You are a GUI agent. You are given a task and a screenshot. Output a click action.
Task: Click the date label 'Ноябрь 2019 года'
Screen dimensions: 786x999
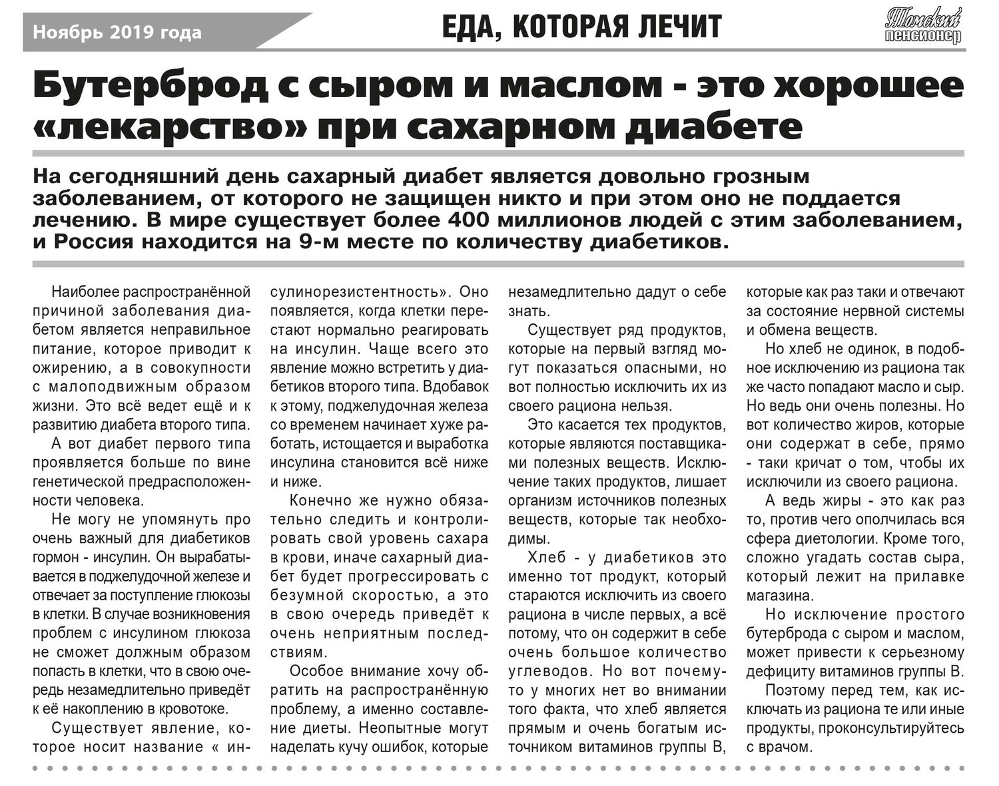(117, 32)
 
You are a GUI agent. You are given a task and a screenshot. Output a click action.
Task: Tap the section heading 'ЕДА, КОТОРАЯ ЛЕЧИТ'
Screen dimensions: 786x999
(581, 27)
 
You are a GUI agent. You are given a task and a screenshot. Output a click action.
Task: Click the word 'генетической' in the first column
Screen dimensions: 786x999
(73, 481)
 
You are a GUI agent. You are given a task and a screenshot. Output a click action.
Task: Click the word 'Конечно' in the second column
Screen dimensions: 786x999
(316, 500)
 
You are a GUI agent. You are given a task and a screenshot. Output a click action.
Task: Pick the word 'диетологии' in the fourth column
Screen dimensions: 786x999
(844, 538)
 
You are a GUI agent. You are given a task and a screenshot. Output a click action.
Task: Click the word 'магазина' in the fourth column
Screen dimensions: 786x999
(777, 595)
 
